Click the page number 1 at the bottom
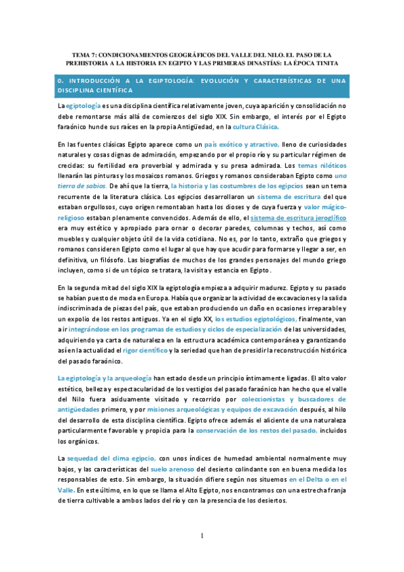pyautogui.click(x=202, y=536)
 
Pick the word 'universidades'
pyautogui.click(x=317, y=330)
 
